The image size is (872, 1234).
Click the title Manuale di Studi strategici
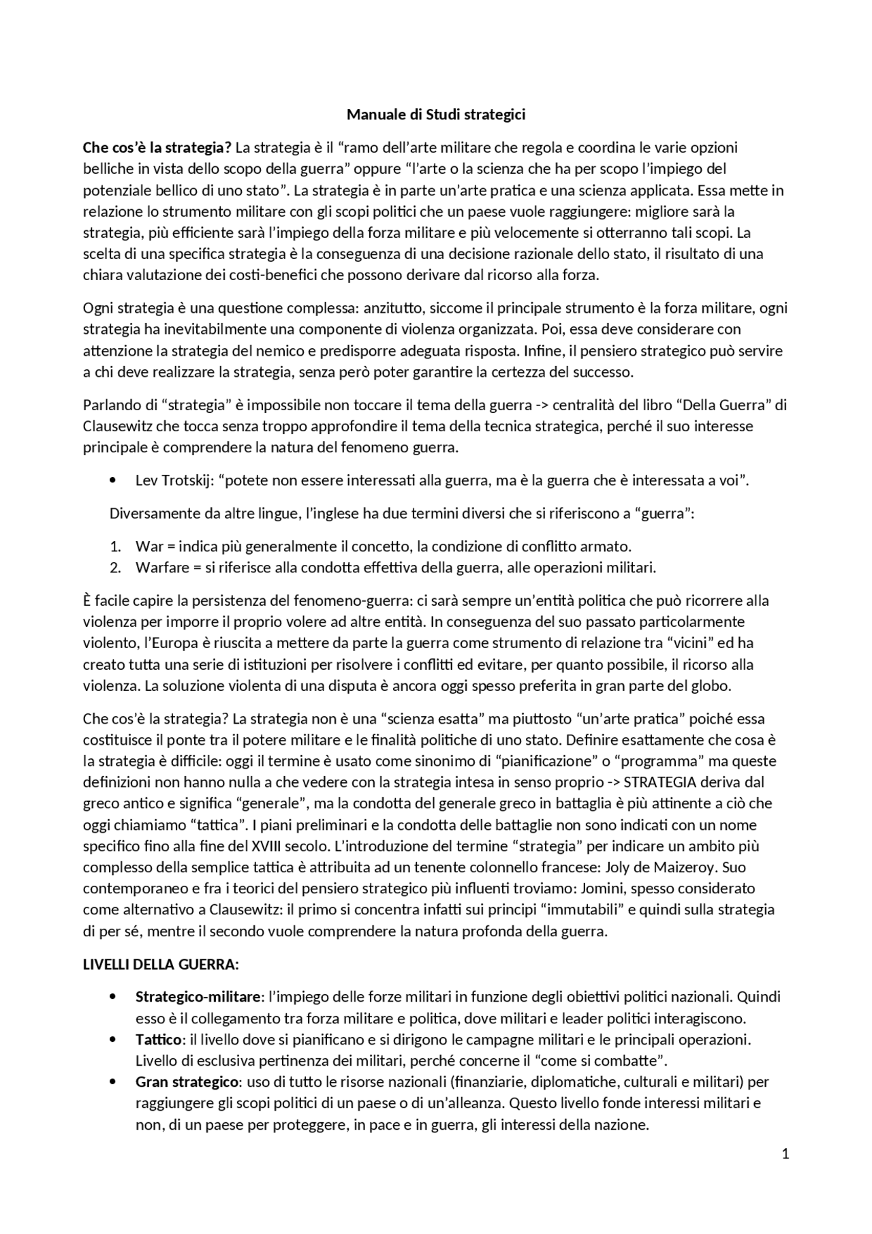coord(436,114)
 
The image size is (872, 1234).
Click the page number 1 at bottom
coord(785,1154)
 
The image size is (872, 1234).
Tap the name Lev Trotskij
coord(173,480)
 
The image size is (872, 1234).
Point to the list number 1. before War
coord(115,546)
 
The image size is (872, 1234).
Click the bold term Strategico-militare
coord(198,997)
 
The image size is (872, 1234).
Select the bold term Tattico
coord(158,1040)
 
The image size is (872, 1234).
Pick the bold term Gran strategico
coord(187,1082)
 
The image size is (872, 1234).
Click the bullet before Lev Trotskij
coord(112,481)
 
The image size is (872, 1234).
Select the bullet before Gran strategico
coord(112,1083)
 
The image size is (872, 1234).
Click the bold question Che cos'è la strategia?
coord(157,148)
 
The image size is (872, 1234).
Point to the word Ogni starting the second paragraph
coord(97,308)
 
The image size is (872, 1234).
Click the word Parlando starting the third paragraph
coord(111,405)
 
